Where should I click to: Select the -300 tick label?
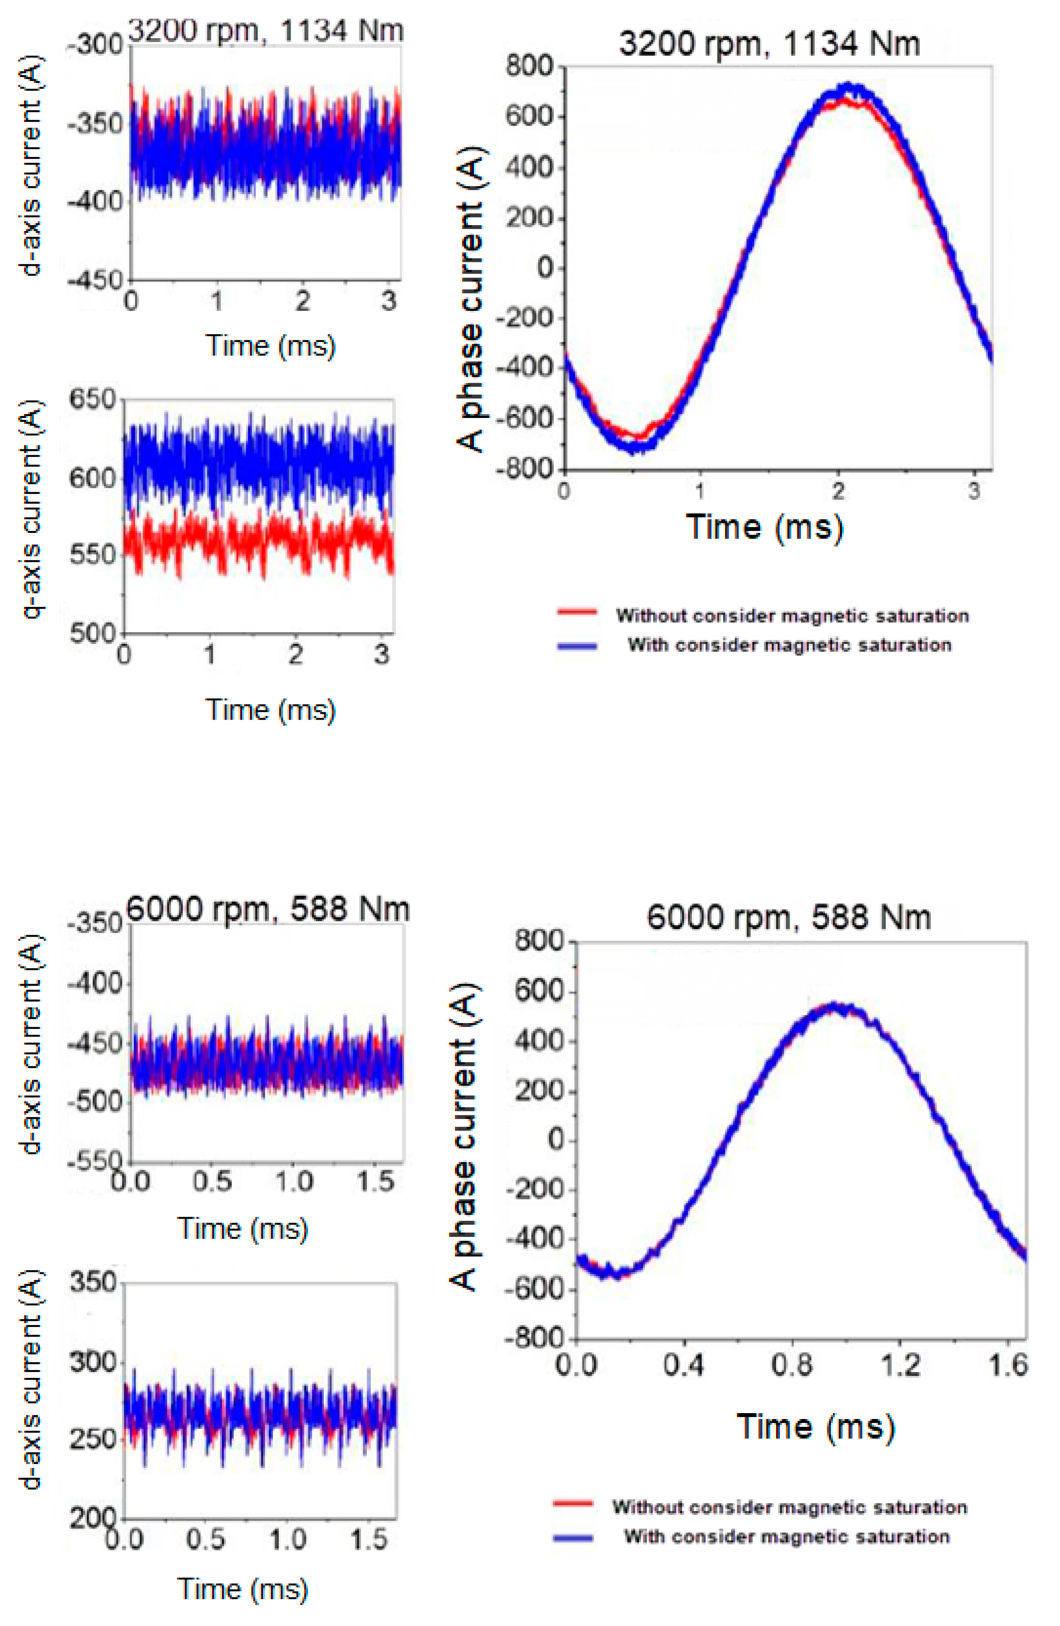[96, 47]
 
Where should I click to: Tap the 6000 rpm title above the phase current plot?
[788, 917]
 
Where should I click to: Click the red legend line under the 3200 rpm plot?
[577, 613]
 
